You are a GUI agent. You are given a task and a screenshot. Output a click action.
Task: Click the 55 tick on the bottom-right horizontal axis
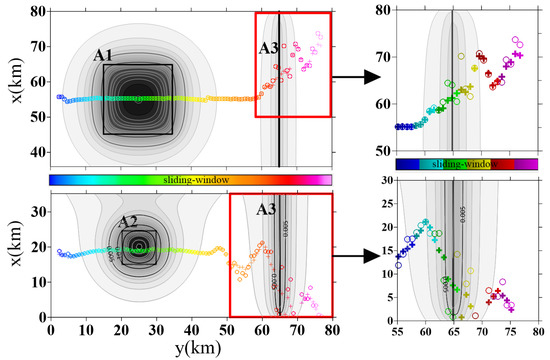[x=397, y=329]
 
